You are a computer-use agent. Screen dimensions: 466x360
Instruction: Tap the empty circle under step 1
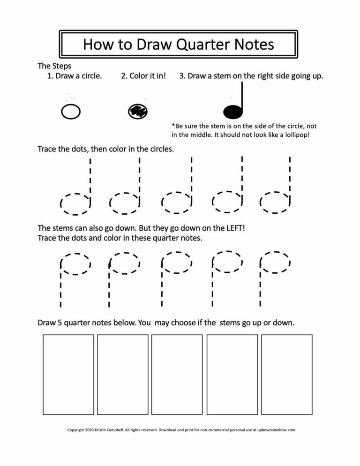71,112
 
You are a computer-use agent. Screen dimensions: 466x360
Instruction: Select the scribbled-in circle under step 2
138,111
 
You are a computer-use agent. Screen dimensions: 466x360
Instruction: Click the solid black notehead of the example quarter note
233,112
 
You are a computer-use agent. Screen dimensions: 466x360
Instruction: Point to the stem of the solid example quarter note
242,96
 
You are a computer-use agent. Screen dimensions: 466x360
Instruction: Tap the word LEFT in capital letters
233,228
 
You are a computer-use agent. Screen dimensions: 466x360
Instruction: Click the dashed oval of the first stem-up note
75,203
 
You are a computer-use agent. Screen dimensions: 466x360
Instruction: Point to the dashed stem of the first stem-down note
60,288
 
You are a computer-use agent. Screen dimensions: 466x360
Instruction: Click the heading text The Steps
54,66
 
